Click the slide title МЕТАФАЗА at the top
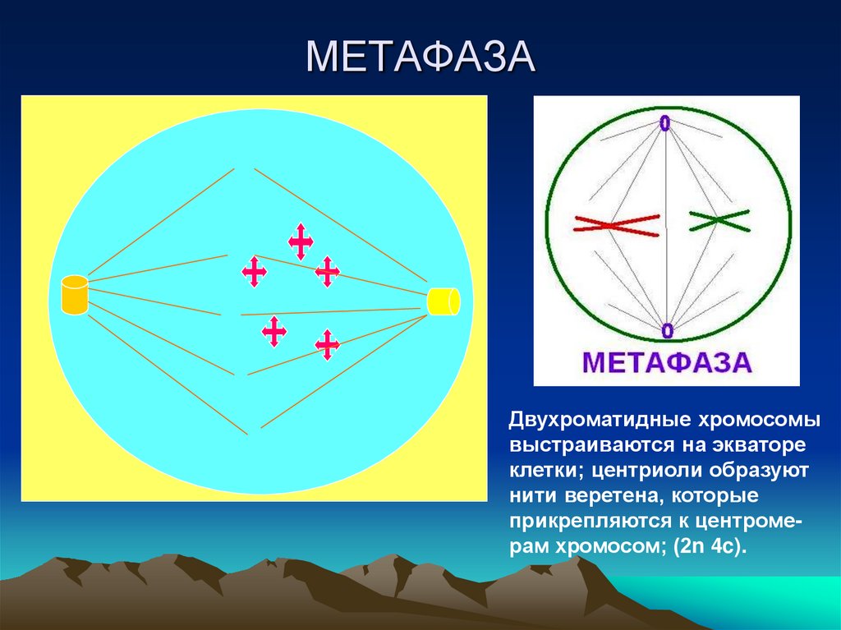coord(420,60)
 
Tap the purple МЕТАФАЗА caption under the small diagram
coord(667,362)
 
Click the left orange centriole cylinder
coord(75,296)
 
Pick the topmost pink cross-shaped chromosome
coord(301,241)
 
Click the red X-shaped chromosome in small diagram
coord(617,225)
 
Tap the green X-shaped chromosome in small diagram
coord(719,219)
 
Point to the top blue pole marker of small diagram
coord(664,124)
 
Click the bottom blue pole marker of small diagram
coord(667,330)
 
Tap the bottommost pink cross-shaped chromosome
coord(327,345)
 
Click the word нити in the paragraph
coord(531,497)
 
